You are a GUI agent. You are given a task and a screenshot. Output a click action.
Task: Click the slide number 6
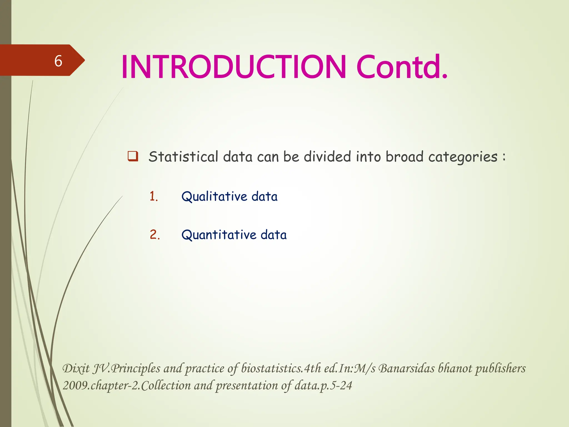click(58, 61)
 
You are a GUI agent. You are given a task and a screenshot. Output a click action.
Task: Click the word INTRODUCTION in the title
click(233, 67)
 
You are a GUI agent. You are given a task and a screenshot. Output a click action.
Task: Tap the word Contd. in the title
click(402, 67)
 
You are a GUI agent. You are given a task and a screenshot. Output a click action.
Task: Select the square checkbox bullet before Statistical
click(133, 156)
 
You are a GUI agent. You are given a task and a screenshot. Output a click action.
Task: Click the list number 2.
click(154, 235)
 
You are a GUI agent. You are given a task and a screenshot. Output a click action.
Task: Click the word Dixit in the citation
click(76, 369)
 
